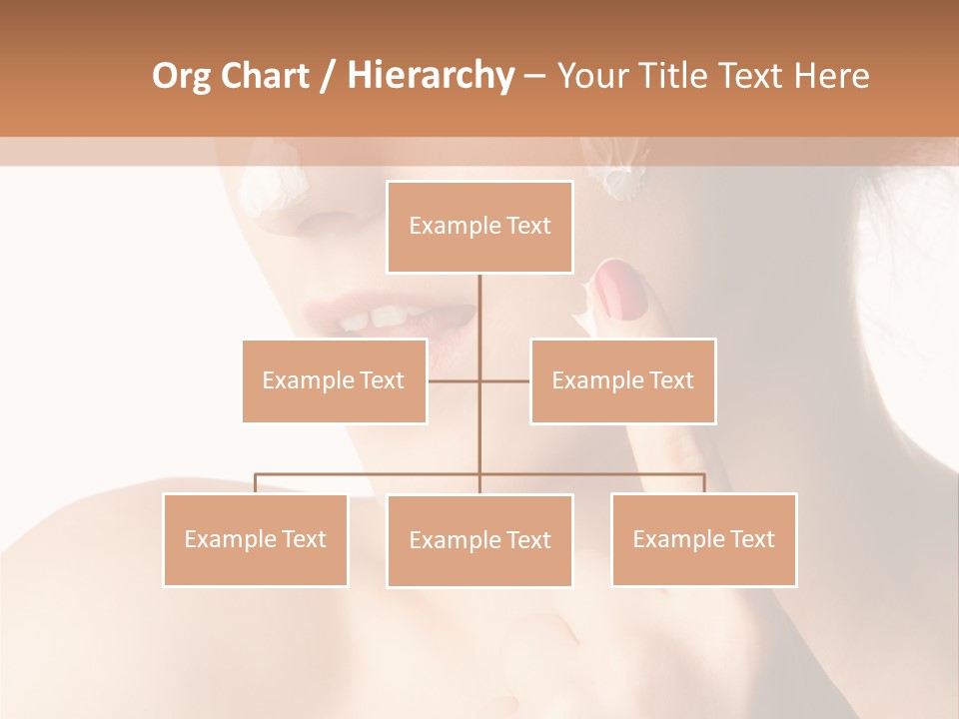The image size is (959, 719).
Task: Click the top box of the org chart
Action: (479, 227)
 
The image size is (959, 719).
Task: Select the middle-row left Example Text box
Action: (334, 380)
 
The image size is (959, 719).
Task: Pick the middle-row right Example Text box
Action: (622, 380)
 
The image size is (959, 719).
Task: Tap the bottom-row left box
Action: (255, 539)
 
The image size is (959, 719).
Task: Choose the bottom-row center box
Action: (479, 540)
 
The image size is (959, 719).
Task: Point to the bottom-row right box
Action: (703, 539)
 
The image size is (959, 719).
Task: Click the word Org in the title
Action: (182, 76)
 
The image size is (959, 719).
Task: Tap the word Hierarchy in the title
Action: (431, 76)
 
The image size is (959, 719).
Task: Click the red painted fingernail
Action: (622, 291)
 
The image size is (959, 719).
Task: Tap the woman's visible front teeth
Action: (373, 319)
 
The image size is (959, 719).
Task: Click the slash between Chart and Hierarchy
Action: (329, 77)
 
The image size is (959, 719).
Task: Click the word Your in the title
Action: (593, 76)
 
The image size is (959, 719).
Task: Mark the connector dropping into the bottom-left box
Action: (255, 483)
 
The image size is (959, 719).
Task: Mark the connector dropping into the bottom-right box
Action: (703, 483)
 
